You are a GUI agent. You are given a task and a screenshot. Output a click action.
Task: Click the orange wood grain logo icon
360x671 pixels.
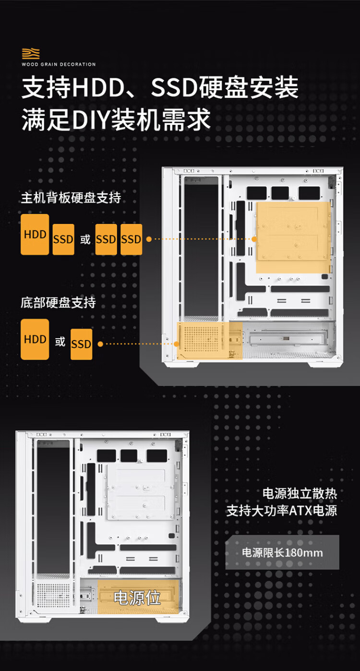pyautogui.click(x=31, y=53)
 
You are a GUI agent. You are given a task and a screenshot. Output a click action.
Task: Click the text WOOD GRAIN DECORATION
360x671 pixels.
pyautogui.click(x=59, y=64)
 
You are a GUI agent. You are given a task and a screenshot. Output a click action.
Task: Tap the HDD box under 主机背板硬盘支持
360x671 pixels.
pyautogui.click(x=35, y=234)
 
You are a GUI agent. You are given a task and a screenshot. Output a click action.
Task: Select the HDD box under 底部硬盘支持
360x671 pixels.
pyautogui.click(x=35, y=339)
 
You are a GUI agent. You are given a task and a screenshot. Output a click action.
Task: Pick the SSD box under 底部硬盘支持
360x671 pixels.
pyautogui.click(x=82, y=344)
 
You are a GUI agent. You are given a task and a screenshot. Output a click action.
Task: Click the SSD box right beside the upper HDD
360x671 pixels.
pyautogui.click(x=63, y=239)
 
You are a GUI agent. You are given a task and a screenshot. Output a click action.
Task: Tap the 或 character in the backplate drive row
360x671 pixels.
pyautogui.click(x=85, y=239)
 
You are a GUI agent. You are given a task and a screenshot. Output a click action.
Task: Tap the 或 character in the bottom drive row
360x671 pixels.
pyautogui.click(x=60, y=342)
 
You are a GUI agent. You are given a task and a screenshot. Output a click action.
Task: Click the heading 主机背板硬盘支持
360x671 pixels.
pyautogui.click(x=71, y=198)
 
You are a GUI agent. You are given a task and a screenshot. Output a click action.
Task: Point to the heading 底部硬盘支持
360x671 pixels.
pyautogui.click(x=59, y=303)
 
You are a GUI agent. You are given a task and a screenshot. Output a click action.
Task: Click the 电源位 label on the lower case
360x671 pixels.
pyautogui.click(x=137, y=598)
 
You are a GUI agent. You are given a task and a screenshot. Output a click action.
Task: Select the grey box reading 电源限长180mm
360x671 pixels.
pyautogui.click(x=282, y=552)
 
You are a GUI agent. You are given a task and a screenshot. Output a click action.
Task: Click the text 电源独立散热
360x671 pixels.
pyautogui.click(x=300, y=494)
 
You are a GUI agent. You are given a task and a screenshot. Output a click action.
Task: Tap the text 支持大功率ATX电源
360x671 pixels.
pyautogui.click(x=282, y=511)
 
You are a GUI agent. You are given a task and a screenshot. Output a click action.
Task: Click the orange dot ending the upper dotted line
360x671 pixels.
pyautogui.click(x=254, y=239)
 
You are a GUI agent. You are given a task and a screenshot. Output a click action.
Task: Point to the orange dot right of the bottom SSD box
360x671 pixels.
pyautogui.click(x=100, y=344)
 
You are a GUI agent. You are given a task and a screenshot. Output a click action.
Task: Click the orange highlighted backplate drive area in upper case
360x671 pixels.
pyautogui.click(x=293, y=237)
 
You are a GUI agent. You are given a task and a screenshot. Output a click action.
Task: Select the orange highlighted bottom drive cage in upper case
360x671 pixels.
pyautogui.click(x=209, y=341)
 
